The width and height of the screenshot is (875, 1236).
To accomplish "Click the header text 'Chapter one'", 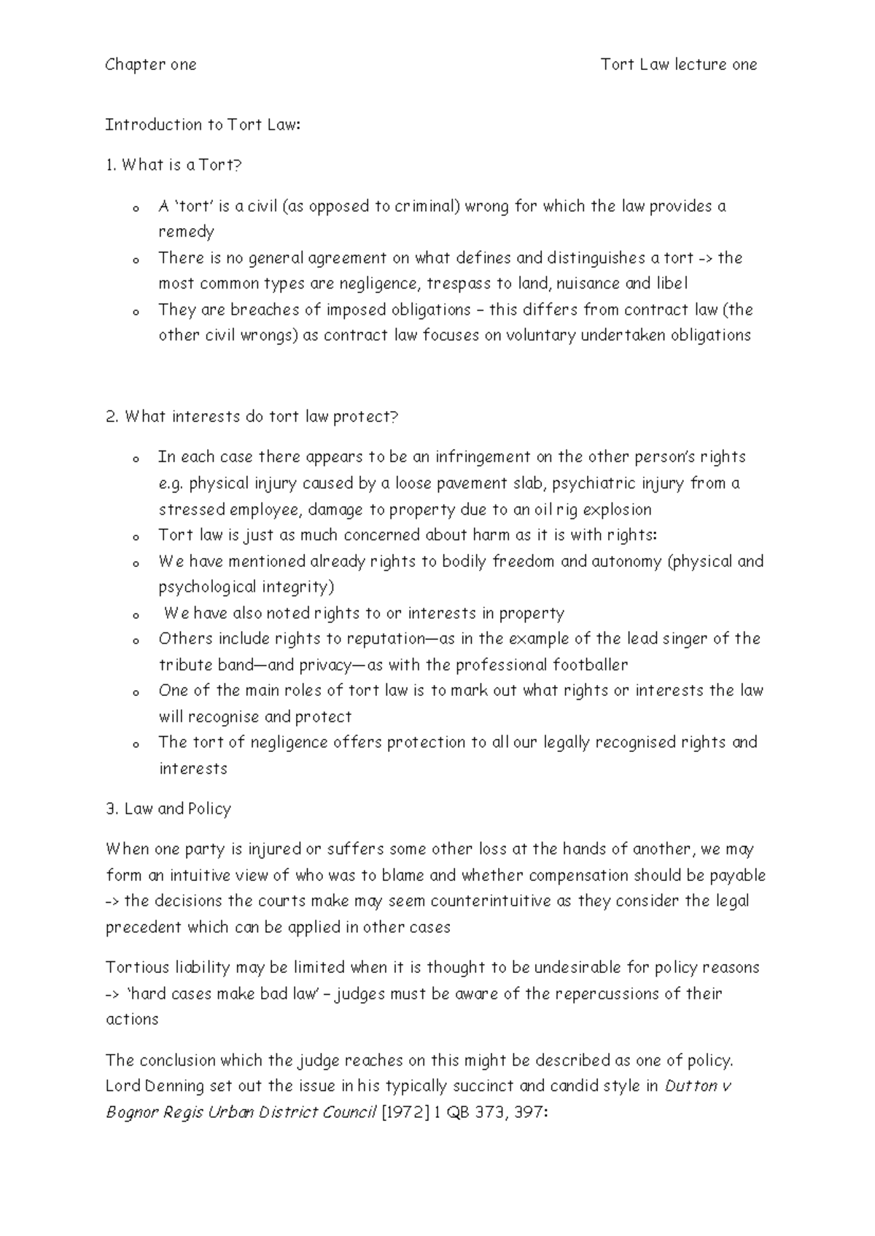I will (151, 65).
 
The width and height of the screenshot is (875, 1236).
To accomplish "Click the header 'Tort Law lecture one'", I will (678, 65).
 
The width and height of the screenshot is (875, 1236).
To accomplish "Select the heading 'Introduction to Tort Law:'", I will (203, 125).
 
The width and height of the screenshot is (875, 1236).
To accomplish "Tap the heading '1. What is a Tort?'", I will (173, 165).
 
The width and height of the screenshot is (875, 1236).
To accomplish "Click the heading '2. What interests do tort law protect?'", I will (252, 417).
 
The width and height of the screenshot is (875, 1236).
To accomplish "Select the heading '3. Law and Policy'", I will (168, 809).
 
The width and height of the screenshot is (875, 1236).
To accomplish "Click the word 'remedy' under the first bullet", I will (186, 232).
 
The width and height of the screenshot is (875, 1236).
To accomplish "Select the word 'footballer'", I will (590, 665).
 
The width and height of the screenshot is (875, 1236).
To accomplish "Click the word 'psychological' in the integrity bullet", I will (207, 587).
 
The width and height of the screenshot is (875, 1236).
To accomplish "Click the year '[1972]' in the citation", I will (405, 1113).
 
